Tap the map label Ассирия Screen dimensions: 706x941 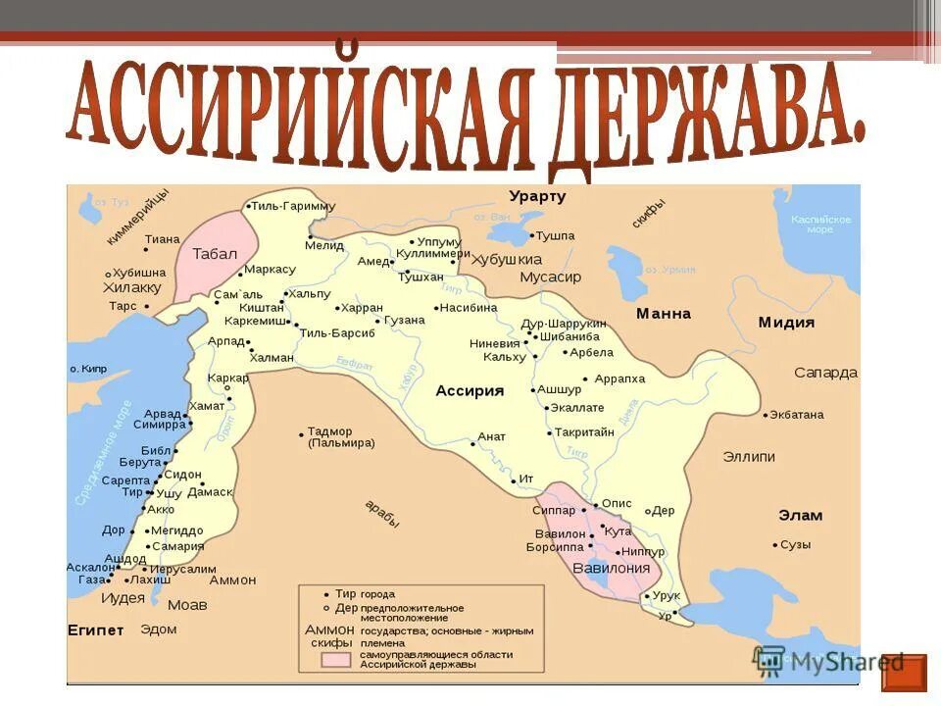click(x=470, y=390)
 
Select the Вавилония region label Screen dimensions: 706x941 click(x=612, y=568)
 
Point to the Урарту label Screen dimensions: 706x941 click(x=537, y=196)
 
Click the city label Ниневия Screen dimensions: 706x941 click(x=495, y=343)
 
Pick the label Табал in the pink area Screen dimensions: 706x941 click(x=215, y=253)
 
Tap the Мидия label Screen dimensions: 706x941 click(x=786, y=322)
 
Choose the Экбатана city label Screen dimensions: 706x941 click(x=797, y=415)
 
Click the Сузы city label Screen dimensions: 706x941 click(x=795, y=544)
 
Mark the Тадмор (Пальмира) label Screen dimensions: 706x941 click(x=341, y=437)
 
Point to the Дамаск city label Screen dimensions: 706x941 click(x=210, y=491)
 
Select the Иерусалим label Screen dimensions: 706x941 click(x=183, y=569)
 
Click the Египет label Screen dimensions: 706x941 click(x=96, y=629)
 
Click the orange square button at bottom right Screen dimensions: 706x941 click(x=903, y=673)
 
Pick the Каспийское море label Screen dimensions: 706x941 click(x=820, y=224)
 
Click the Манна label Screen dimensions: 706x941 click(x=664, y=314)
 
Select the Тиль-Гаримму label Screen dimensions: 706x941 click(x=293, y=206)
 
